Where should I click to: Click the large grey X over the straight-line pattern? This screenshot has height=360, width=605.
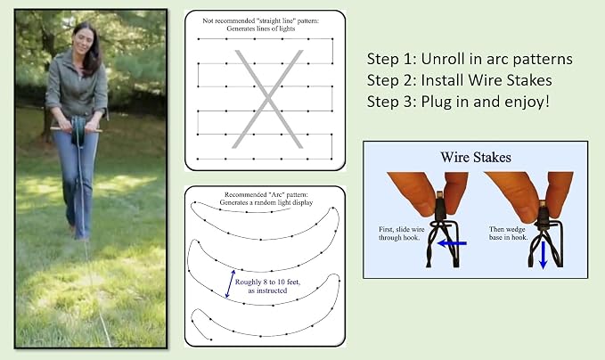click(x=267, y=99)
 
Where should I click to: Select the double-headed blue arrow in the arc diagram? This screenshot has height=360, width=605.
click(x=230, y=283)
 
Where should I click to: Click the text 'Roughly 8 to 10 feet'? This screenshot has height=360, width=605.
click(x=267, y=282)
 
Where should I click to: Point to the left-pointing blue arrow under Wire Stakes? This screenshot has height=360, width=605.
click(x=452, y=243)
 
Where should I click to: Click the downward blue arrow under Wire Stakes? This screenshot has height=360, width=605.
click(x=543, y=254)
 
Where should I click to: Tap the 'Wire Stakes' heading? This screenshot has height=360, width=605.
click(x=476, y=157)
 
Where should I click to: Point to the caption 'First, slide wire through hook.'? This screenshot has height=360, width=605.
click(x=401, y=233)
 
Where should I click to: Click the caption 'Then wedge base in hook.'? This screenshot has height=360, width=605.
click(x=508, y=233)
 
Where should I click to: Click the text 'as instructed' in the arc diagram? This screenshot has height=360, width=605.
click(x=267, y=290)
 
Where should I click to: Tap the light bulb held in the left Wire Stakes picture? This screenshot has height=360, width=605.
click(x=440, y=204)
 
